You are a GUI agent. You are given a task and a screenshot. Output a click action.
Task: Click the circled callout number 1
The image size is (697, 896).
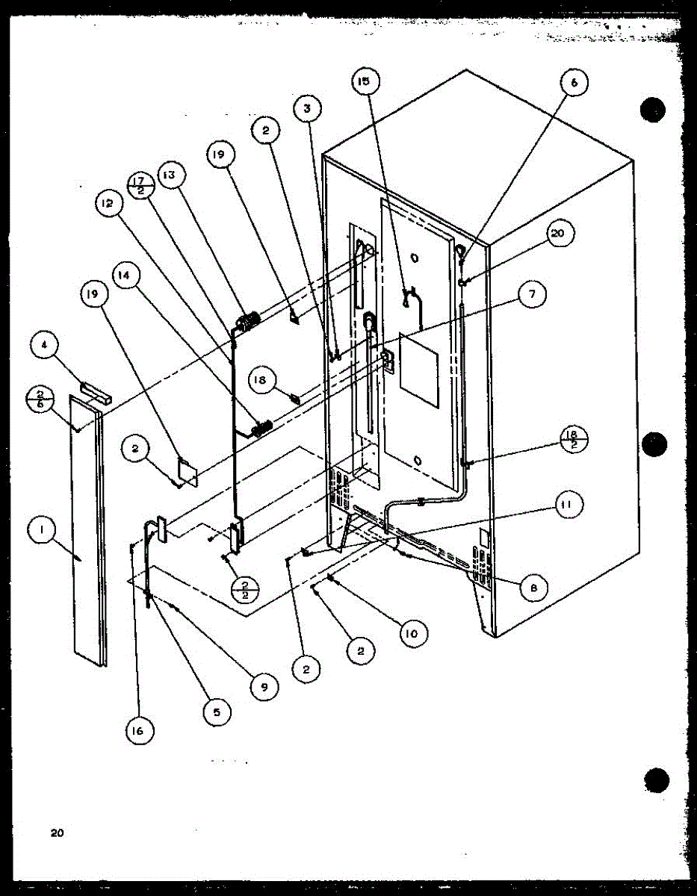42,532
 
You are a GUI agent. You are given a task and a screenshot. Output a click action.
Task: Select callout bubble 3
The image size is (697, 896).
307,108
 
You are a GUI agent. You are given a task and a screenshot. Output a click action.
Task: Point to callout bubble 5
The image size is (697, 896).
217,712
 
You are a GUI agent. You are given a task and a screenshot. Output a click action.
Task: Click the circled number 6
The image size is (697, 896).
574,84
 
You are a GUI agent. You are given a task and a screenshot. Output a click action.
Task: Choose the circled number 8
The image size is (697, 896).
533,588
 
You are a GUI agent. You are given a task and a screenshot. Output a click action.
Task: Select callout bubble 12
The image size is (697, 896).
109,203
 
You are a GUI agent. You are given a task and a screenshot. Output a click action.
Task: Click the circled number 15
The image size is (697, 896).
364,83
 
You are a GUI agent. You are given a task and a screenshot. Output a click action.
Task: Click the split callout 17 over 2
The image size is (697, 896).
140,184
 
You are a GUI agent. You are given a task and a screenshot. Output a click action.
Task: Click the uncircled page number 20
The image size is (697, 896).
58,833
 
